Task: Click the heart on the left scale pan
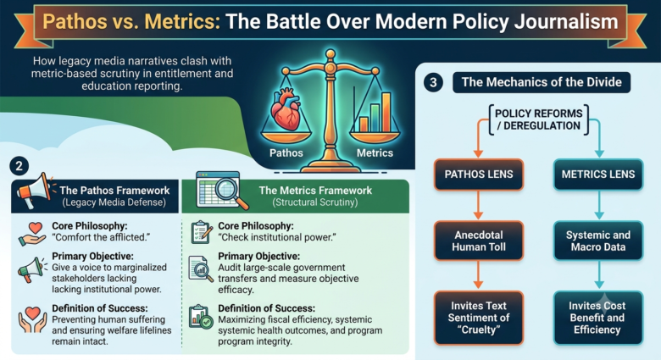(x=286, y=108)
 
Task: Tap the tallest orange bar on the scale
(x=386, y=112)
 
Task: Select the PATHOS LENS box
(x=479, y=174)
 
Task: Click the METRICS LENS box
(x=598, y=174)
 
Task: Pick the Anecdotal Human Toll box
(x=479, y=241)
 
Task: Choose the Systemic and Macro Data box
(x=598, y=241)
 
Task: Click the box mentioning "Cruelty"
(x=479, y=318)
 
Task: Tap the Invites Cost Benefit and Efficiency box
(x=598, y=318)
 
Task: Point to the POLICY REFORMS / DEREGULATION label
(x=539, y=119)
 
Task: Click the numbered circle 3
(x=433, y=82)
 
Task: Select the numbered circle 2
(x=19, y=166)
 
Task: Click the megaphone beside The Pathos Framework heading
(x=35, y=191)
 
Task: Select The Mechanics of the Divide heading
(x=542, y=82)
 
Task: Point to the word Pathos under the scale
(x=286, y=153)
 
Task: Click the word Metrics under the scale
(x=375, y=153)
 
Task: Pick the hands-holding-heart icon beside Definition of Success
(x=32, y=320)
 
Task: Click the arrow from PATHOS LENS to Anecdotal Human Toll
(x=478, y=205)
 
